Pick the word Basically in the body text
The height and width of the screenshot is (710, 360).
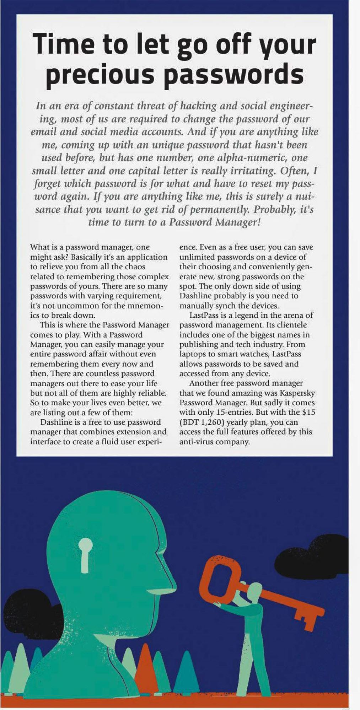click(86, 257)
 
